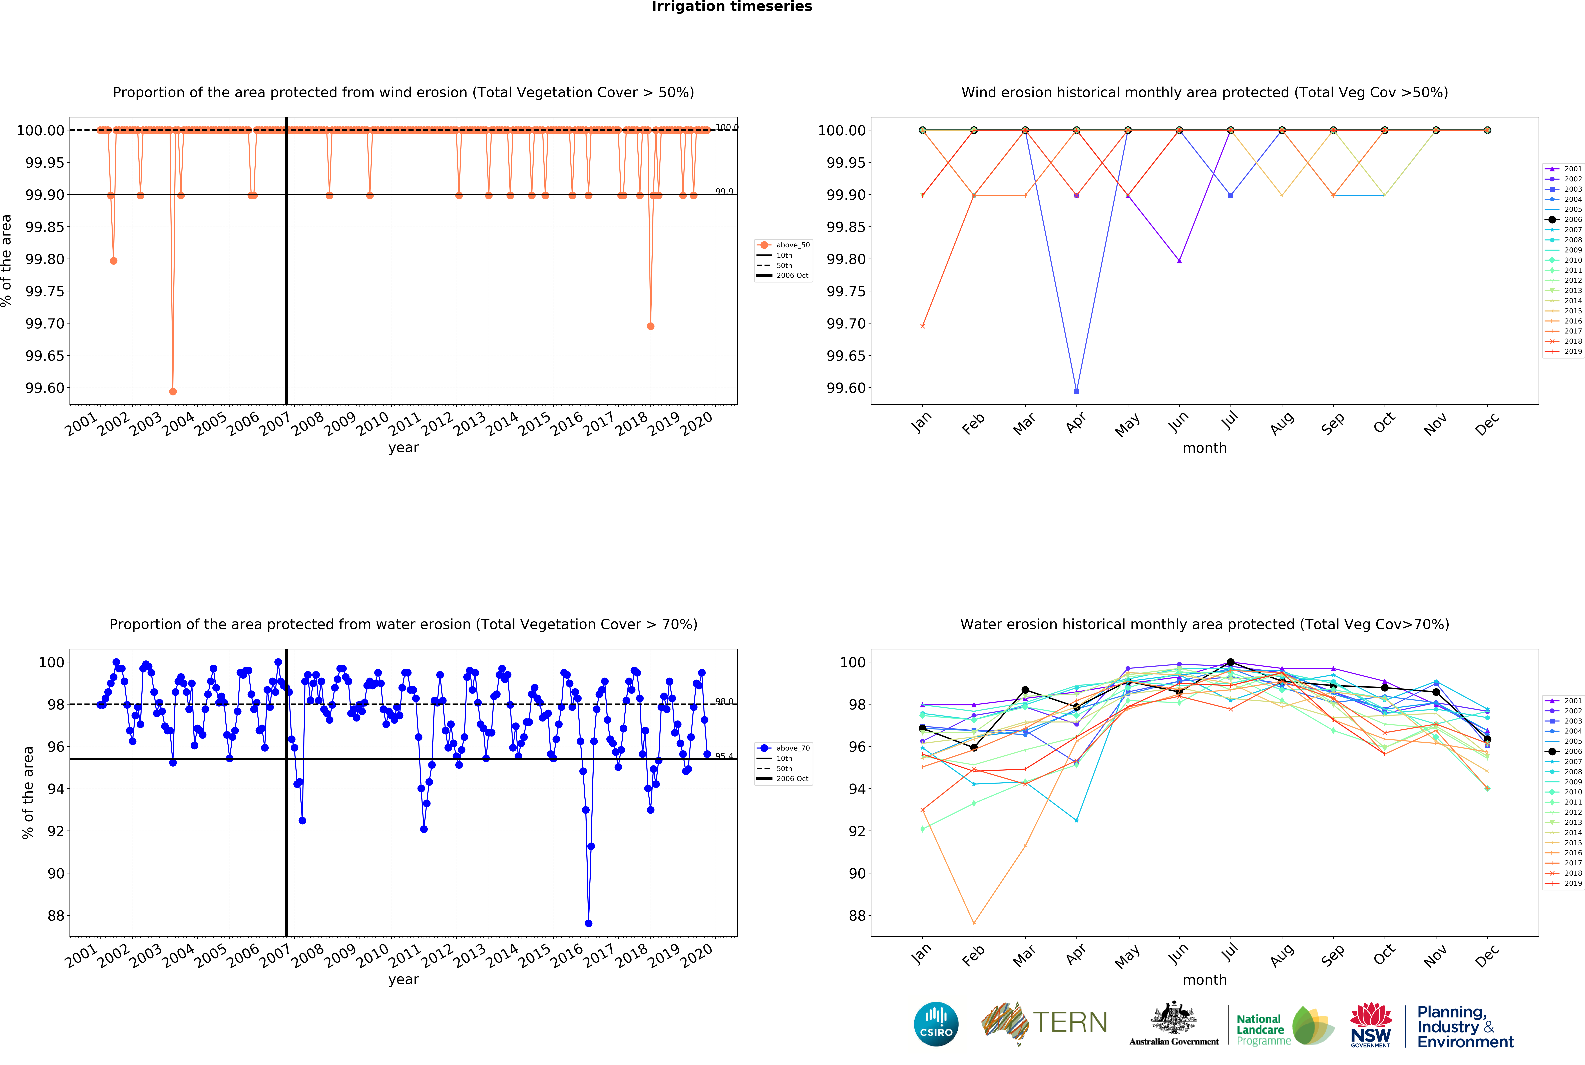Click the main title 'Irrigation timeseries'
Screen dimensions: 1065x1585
pos(731,7)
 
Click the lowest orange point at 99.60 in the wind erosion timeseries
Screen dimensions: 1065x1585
pos(173,391)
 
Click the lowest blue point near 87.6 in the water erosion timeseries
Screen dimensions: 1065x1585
pos(588,923)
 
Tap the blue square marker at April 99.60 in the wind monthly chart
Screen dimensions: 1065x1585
pos(1076,391)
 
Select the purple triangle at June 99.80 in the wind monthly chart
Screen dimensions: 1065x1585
pos(1179,261)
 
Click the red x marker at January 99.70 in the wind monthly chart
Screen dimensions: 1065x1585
pos(922,326)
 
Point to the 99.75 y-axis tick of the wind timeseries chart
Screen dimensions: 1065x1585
pos(45,291)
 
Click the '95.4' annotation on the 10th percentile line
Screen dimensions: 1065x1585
pos(724,756)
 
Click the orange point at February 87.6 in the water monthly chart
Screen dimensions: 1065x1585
pos(974,923)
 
